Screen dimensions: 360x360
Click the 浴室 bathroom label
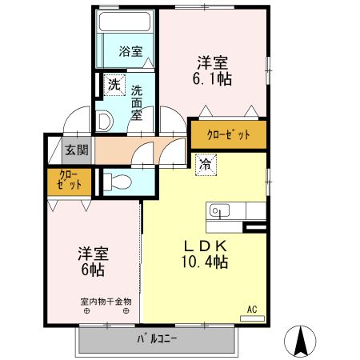[x=130, y=52]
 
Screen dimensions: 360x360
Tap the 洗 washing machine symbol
[x=114, y=82]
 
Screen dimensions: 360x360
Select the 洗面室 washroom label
[x=138, y=102]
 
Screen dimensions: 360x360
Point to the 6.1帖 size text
[x=213, y=80]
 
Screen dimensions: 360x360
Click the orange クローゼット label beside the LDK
[x=228, y=134]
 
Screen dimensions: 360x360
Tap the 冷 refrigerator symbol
[x=206, y=166]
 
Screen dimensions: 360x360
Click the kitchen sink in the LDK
[x=218, y=210]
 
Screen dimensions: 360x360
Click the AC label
[x=251, y=309]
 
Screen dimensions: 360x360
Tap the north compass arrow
[x=302, y=342]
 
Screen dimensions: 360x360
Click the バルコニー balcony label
[x=157, y=339]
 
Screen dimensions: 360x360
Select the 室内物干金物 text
[x=106, y=302]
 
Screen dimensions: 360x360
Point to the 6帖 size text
[x=93, y=270]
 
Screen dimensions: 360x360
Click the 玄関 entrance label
[x=77, y=149]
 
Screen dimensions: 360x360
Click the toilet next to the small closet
[x=116, y=181]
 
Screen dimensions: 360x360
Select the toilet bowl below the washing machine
[x=103, y=121]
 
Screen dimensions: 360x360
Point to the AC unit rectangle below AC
[x=251, y=318]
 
